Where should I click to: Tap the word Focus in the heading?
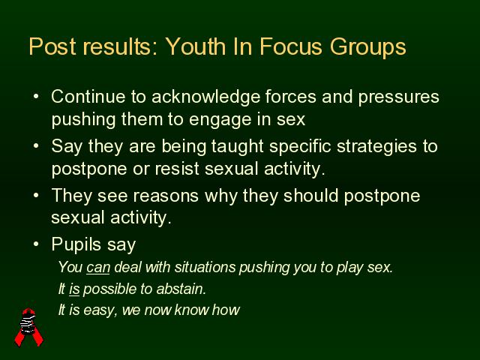(291, 46)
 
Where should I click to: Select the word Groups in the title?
(368, 48)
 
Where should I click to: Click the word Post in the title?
(52, 46)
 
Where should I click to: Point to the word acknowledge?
(205, 97)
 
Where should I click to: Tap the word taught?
(238, 147)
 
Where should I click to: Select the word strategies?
(376, 147)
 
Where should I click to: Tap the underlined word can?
(98, 268)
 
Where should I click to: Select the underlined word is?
(74, 289)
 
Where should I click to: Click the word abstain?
(181, 289)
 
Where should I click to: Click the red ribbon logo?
(29, 327)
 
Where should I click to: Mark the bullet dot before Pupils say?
(37, 244)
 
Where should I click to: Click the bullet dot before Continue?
(37, 97)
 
